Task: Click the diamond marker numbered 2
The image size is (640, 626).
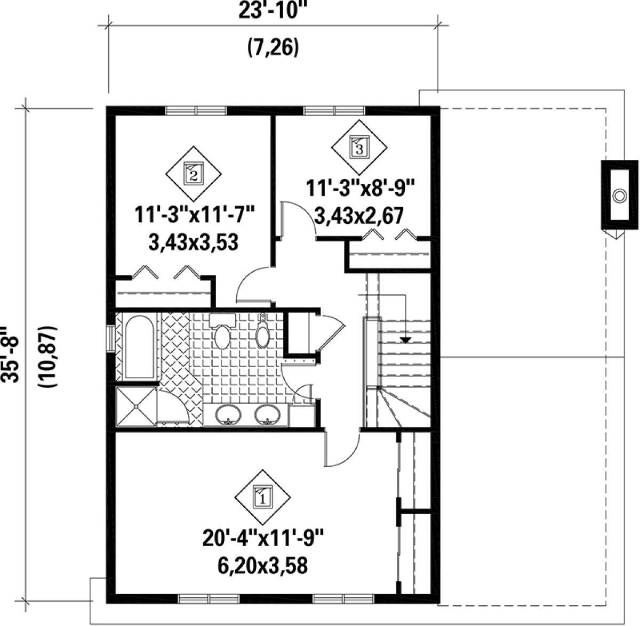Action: [193, 173]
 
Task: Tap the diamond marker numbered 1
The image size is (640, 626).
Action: [262, 497]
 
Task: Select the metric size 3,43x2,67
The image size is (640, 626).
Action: [358, 216]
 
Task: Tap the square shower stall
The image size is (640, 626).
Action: [137, 407]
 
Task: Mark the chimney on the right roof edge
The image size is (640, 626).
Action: [619, 195]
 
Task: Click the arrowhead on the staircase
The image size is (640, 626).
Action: [406, 339]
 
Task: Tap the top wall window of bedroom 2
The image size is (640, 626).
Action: [196, 110]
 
